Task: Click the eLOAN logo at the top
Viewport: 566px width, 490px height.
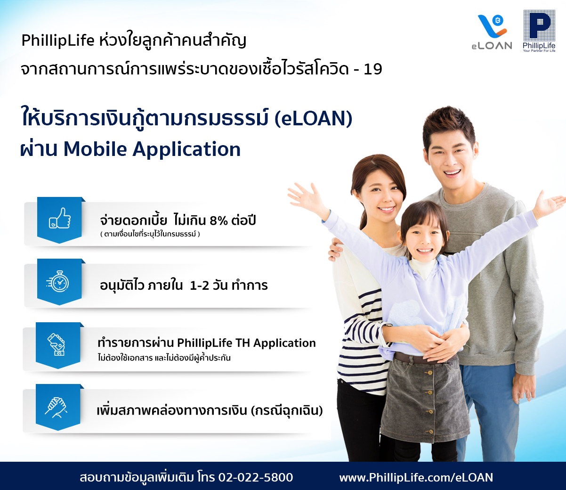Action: point(492,32)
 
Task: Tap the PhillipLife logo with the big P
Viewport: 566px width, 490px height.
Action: point(539,31)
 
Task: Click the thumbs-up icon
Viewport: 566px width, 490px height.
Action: point(60,218)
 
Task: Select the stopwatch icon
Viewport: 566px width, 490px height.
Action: point(58,281)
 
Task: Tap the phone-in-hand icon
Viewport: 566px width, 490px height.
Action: point(57,344)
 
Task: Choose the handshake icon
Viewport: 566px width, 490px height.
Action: point(56,407)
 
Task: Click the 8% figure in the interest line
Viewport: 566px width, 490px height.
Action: point(218,220)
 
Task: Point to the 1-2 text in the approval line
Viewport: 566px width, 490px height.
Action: point(199,286)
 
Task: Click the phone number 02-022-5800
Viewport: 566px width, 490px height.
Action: point(256,477)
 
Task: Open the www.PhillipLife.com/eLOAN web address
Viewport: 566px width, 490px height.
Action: point(416,477)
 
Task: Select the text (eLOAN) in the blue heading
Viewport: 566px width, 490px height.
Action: point(313,119)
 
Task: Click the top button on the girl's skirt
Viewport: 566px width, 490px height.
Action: point(429,373)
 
